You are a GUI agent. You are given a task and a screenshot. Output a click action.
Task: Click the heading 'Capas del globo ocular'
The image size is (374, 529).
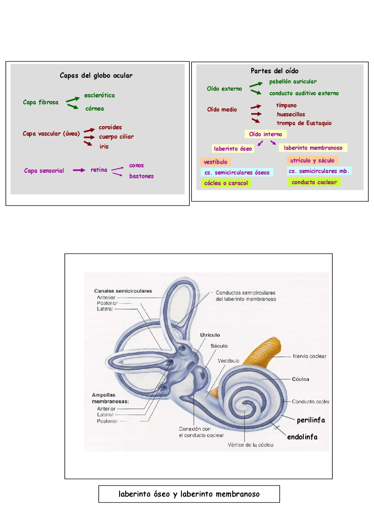click(96, 76)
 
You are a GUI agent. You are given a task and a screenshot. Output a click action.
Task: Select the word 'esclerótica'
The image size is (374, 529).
click(99, 96)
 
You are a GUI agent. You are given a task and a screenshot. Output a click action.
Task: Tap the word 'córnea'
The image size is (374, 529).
click(94, 109)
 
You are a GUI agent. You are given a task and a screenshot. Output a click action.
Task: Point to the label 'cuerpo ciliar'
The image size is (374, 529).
click(116, 137)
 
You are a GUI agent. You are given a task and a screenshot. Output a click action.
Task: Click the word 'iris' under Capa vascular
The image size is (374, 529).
click(104, 147)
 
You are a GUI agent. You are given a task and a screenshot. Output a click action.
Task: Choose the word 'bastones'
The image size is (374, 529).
click(141, 176)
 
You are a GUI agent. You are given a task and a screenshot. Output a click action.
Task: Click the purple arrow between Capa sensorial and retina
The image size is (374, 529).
click(79, 170)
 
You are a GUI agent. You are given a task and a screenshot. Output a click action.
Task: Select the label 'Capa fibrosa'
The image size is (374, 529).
click(41, 102)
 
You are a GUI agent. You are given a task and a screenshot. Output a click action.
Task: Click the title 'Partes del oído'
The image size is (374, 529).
click(274, 71)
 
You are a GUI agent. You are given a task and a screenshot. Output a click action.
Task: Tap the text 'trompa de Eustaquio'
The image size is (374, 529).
click(304, 123)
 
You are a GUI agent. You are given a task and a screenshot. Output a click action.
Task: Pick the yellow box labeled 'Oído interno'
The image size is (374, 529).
click(265, 134)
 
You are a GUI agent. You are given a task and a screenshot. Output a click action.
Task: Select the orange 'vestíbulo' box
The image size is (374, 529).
click(215, 162)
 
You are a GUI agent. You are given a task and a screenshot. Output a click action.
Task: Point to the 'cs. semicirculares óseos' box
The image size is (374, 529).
click(237, 173)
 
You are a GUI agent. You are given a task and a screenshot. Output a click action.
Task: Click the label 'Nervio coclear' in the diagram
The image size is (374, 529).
click(309, 356)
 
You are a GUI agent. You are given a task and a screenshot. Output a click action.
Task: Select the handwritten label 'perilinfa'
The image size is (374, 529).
click(311, 420)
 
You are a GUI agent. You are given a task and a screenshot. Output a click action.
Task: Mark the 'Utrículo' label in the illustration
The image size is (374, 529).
click(210, 335)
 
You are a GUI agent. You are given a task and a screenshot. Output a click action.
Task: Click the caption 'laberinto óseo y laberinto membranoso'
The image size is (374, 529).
click(189, 494)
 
